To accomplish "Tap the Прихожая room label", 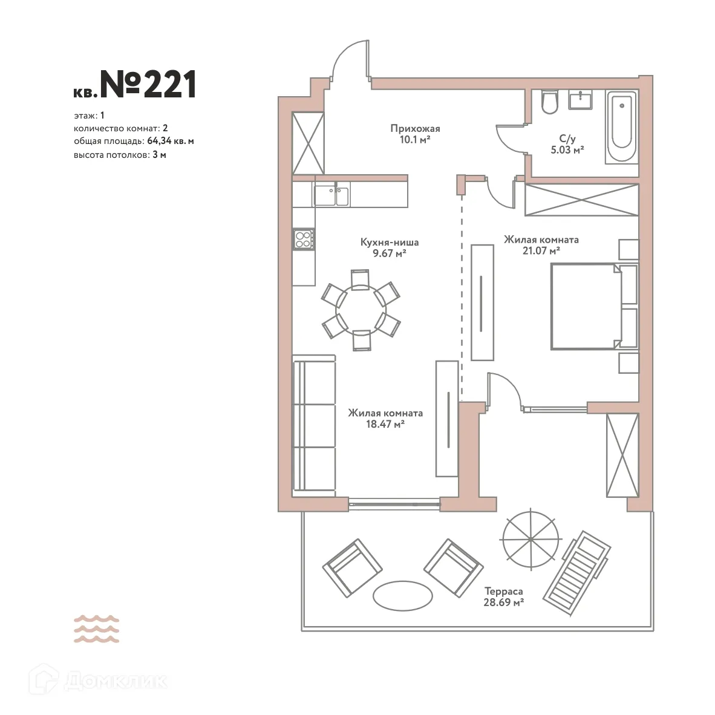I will point(415,128).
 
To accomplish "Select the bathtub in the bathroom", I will point(621,127).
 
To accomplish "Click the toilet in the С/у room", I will point(549,103).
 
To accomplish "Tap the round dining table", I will point(361,310).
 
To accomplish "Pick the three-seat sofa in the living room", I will point(314,425).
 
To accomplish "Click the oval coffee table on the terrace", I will point(402,596).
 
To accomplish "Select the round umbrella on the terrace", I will point(530,538).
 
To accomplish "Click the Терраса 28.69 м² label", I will point(503,596).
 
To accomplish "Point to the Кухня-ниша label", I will point(389,243).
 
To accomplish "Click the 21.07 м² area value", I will point(541,250).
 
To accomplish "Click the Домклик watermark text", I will point(115,681).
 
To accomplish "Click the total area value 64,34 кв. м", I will point(170,141).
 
